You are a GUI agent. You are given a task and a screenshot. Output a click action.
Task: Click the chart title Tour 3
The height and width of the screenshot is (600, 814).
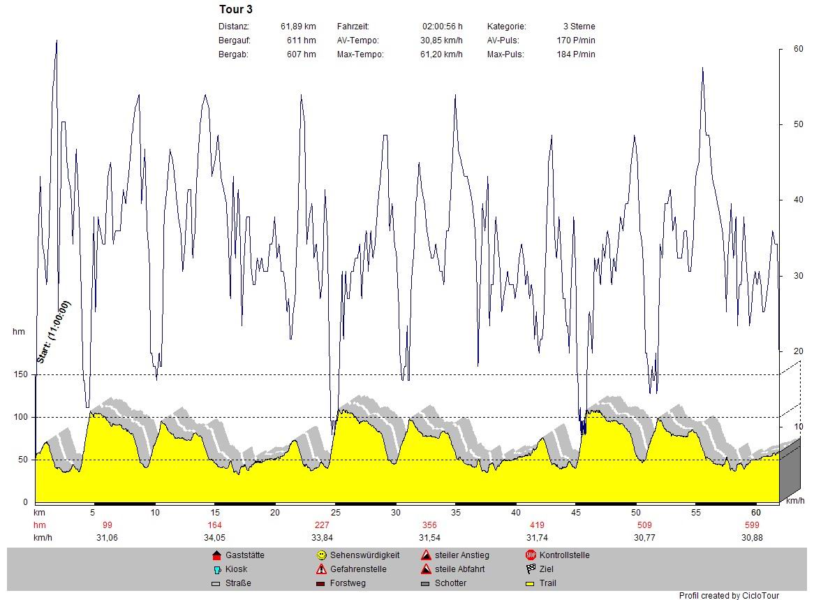[x=236, y=10]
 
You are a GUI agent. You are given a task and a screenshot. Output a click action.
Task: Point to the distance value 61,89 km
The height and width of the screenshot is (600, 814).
[x=298, y=27]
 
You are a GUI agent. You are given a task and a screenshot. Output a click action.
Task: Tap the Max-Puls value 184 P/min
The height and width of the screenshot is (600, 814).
[x=580, y=54]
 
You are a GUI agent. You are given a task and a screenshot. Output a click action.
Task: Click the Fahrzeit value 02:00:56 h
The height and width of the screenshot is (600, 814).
[x=442, y=27]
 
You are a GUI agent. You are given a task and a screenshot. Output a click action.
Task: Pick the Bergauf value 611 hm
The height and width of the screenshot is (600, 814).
[x=301, y=41]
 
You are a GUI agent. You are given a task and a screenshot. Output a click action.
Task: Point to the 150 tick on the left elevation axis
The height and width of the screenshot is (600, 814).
[x=22, y=375]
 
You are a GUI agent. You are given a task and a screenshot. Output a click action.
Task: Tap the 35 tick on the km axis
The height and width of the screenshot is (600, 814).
[x=456, y=513]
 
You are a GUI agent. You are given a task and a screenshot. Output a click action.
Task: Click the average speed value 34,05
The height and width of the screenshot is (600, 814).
[x=214, y=538]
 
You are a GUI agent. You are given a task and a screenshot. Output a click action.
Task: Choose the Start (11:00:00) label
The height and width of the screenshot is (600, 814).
[x=54, y=332]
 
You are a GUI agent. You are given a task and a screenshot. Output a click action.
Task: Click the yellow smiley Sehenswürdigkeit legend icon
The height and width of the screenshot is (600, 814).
[x=321, y=555]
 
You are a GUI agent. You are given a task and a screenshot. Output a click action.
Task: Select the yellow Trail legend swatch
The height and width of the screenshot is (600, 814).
[x=530, y=583]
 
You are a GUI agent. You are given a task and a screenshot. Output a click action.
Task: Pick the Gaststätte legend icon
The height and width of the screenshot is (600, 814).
[x=216, y=555]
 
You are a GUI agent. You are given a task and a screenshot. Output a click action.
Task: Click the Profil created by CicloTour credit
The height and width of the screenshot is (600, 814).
[x=729, y=596]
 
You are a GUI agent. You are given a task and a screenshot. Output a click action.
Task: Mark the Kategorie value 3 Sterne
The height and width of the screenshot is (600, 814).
[x=579, y=27]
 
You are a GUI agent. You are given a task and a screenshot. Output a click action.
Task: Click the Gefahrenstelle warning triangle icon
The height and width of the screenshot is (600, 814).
[x=321, y=569]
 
